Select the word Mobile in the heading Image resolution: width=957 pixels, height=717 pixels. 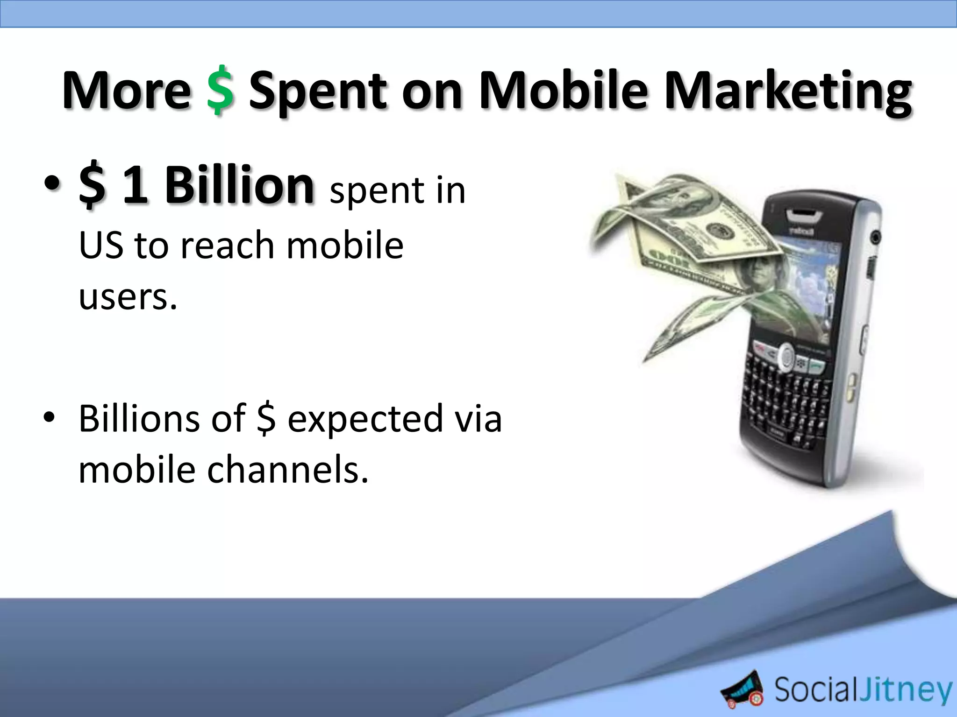564,90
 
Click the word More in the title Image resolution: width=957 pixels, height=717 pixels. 126,90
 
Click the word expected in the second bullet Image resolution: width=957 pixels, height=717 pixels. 364,418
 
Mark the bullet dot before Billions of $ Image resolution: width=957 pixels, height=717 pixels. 49,418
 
